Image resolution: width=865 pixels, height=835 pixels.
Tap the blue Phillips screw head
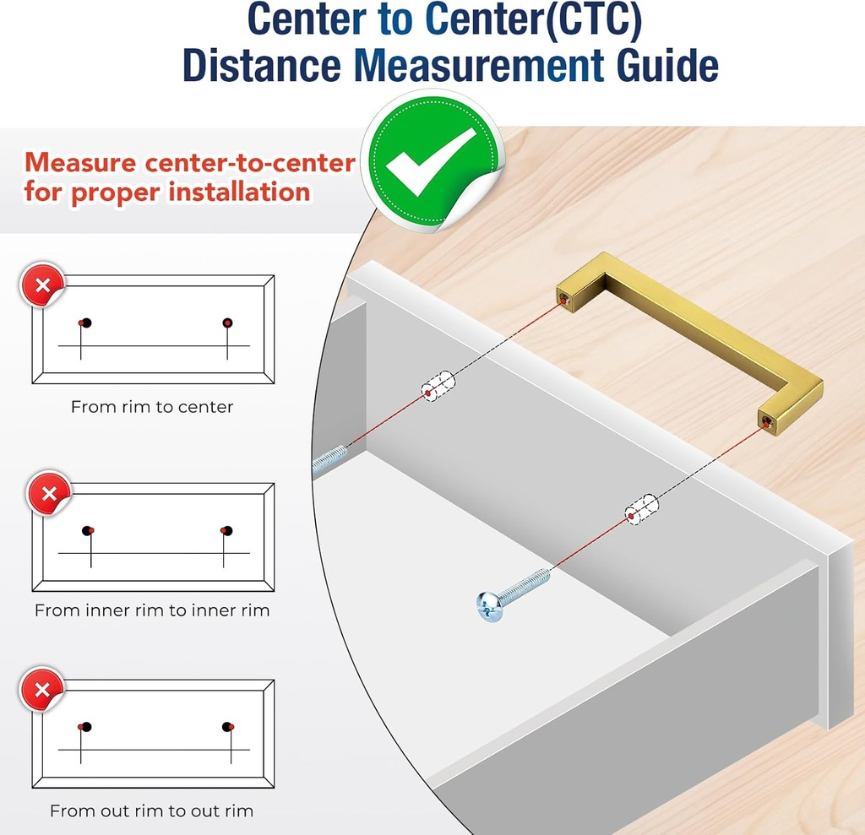489,606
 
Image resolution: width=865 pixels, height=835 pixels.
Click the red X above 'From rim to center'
43,285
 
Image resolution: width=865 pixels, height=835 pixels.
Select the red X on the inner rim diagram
50,494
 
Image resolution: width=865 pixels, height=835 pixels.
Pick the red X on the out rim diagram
42,690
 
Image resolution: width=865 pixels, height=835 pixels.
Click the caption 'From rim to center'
152,407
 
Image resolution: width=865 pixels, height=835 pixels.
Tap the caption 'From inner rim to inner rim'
152,610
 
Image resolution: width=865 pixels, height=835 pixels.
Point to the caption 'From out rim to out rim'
152,811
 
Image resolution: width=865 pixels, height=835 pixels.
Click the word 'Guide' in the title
667,66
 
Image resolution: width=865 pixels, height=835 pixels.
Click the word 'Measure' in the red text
80,163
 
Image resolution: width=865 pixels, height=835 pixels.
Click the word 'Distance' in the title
262,66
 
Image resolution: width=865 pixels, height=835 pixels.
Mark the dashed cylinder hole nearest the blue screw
641,509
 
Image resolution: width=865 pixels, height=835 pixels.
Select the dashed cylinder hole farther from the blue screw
438,386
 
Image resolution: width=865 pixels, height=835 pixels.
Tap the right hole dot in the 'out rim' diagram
228,727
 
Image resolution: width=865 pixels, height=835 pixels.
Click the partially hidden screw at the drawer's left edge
329,459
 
